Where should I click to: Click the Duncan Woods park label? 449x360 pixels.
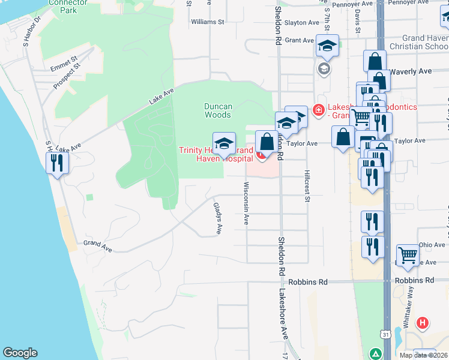click(217, 110)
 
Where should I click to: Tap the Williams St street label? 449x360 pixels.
click(207, 22)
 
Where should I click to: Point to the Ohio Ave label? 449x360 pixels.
click(432, 245)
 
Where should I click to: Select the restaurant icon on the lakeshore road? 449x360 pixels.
click(58, 163)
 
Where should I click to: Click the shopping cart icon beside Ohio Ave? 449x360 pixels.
click(408, 254)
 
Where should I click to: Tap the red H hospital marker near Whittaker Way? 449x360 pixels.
click(423, 323)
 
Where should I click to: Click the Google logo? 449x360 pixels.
click(20, 353)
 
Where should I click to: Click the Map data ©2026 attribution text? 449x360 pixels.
click(423, 355)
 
